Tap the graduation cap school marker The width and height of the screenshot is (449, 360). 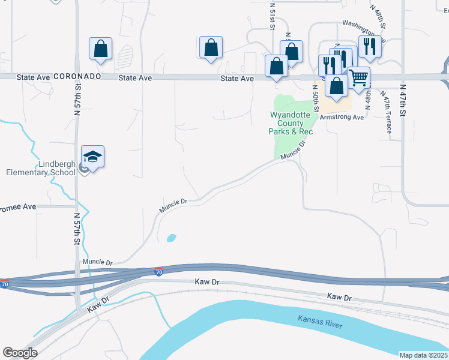[x=92, y=157]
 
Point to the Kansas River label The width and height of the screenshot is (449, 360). [x=320, y=320]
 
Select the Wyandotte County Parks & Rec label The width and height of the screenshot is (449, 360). [x=292, y=123]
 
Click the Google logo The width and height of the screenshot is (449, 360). [x=20, y=353]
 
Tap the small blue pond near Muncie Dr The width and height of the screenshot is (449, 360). [x=171, y=238]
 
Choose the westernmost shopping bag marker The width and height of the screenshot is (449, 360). [x=100, y=49]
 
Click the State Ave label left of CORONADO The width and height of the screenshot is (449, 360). [x=33, y=77]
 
